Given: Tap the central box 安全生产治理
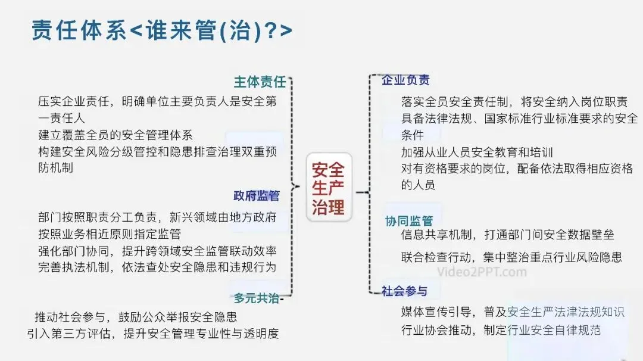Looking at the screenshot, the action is point(329,188).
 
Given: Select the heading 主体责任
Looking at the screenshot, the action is point(260,82).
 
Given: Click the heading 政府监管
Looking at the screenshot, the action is point(257,195).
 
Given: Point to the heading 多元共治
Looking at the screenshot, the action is point(257,298).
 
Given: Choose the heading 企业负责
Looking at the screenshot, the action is point(406,80).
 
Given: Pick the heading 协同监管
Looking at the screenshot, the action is point(409,221).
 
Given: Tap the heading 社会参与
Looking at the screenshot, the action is point(405,291).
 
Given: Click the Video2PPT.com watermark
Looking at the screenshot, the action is point(482,272).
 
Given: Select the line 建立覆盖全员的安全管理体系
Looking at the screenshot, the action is point(116,135).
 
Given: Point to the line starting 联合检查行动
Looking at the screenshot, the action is point(512,257).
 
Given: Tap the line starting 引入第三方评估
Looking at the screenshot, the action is point(153,334).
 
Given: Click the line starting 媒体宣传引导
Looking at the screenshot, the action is point(513,312).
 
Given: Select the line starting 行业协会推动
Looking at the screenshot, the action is point(501,330).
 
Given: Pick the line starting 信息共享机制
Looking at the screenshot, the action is point(508,235).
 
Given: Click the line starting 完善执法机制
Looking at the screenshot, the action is point(157,267).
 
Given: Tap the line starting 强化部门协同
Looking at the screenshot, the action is point(157,251).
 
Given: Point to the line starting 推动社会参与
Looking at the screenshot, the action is point(136,316).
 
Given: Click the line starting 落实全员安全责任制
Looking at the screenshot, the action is point(514,102).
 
